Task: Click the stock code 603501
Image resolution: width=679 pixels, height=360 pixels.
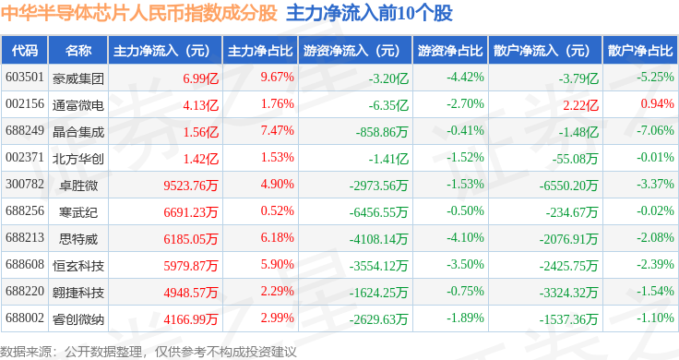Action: pyautogui.click(x=25, y=78)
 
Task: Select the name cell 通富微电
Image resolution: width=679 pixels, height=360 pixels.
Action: pyautogui.click(x=78, y=105)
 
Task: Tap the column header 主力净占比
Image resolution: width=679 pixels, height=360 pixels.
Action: pyautogui.click(x=260, y=51)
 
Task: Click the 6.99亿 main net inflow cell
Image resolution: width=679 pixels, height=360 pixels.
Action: pyautogui.click(x=200, y=78)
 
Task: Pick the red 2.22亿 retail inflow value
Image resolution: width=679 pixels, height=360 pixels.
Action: pyautogui.click(x=580, y=105)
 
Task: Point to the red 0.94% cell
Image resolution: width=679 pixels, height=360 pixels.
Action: pyautogui.click(x=658, y=104)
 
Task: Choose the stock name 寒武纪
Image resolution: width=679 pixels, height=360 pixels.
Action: pyautogui.click(x=78, y=212)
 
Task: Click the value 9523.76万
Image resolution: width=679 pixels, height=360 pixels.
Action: pyautogui.click(x=191, y=186)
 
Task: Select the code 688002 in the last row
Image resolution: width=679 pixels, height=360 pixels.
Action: pyautogui.click(x=25, y=318)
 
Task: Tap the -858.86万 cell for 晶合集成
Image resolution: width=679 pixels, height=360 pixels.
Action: pyautogui.click(x=382, y=132)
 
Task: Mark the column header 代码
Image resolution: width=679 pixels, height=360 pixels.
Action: pyautogui.click(x=25, y=51)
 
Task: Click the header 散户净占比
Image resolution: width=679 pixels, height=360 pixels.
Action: pyautogui.click(x=640, y=51)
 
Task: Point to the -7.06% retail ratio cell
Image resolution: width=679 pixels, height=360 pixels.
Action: pyautogui.click(x=655, y=130)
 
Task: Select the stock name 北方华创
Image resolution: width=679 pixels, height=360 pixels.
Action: pyautogui.click(x=78, y=159)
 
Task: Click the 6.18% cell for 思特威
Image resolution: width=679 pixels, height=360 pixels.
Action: pyautogui.click(x=277, y=237)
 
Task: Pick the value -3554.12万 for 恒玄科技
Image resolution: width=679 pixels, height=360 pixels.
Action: pyautogui.click(x=379, y=266)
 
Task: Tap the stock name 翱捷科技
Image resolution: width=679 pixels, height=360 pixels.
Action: pyautogui.click(x=78, y=293)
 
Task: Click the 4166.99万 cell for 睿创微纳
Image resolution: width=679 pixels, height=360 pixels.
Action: pyautogui.click(x=191, y=319)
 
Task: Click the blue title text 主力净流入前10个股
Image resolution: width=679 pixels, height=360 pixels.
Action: pyautogui.click(x=369, y=14)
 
